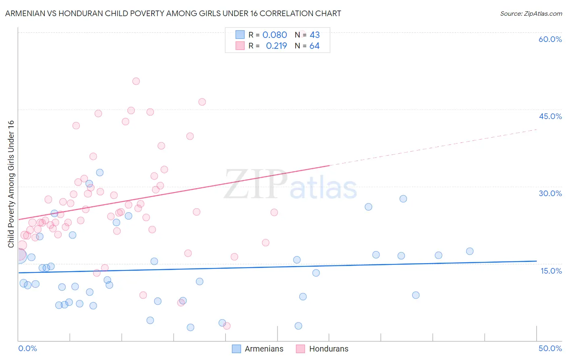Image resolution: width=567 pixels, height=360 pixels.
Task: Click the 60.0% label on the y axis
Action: [x=550, y=39]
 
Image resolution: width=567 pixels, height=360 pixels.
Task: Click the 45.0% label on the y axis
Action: [x=550, y=116]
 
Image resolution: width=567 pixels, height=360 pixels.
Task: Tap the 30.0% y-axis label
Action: [x=550, y=193]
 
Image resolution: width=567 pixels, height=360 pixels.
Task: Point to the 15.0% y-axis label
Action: [x=551, y=271]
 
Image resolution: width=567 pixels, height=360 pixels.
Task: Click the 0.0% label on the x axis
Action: [x=27, y=348]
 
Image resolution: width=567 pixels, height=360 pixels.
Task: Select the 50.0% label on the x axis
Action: [x=550, y=348]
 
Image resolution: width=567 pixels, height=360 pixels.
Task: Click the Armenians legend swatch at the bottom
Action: [x=236, y=349]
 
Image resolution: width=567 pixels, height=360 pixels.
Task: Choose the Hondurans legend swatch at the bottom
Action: [x=300, y=349]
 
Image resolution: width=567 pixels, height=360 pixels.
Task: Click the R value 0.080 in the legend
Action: [x=275, y=35]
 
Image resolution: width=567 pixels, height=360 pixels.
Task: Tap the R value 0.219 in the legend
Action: [x=276, y=46]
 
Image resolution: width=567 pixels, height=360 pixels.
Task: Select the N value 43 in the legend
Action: [x=315, y=35]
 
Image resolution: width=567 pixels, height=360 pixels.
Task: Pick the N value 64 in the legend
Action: [x=314, y=46]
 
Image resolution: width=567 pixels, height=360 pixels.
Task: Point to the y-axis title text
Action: [x=11, y=184]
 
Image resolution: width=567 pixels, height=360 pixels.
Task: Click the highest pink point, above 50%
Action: [x=136, y=81]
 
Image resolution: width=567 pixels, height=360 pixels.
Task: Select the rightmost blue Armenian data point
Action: [x=469, y=251]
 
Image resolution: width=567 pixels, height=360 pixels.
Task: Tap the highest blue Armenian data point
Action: [x=100, y=172]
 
